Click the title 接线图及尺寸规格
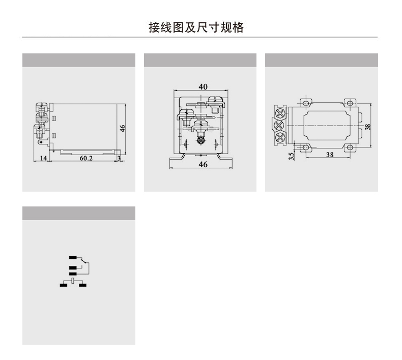tap(196, 27)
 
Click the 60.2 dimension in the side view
tap(86, 159)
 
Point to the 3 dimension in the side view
tap(119, 159)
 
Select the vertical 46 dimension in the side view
tap(123, 128)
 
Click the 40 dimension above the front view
tap(203, 87)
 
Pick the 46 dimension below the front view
tap(203, 165)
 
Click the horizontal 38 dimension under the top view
tap(330, 155)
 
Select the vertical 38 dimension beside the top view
tap(367, 125)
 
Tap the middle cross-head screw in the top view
tap(279, 125)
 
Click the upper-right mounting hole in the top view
tap(350, 103)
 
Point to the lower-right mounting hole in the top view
tap(350, 148)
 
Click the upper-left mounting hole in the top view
tap(305, 103)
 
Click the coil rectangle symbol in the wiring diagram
tap(73, 280)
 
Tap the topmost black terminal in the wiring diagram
tap(73, 256)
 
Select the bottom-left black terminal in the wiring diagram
tap(64, 285)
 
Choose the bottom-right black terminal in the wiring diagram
tap(82, 285)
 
